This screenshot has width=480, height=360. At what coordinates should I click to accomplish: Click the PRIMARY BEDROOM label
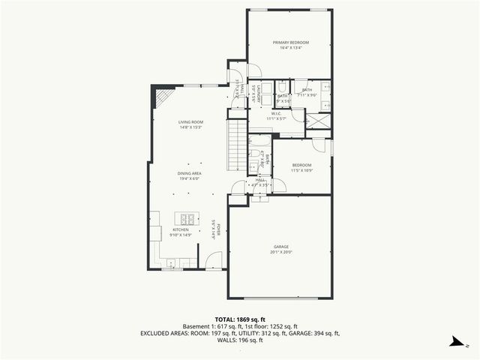pos(290,43)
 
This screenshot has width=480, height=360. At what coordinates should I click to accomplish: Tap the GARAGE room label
pos(280,247)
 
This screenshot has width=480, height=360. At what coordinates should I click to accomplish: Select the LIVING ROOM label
pos(190,121)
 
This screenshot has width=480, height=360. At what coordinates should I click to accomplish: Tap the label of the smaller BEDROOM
pos(301,164)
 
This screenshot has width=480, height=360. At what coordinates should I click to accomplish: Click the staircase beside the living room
pos(237,146)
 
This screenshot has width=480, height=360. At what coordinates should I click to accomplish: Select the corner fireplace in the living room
pos(162,99)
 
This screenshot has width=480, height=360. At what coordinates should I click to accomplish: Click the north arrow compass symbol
pos(454,342)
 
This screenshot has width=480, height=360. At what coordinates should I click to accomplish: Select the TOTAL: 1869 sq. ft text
pos(239,319)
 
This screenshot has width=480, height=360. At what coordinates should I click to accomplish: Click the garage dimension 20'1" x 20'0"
pos(280,253)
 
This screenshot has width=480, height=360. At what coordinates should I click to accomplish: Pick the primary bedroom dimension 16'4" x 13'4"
pos(290,49)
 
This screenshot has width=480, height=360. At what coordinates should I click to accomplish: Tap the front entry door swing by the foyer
pos(214,260)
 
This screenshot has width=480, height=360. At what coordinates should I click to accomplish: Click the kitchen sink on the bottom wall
pos(172,263)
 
